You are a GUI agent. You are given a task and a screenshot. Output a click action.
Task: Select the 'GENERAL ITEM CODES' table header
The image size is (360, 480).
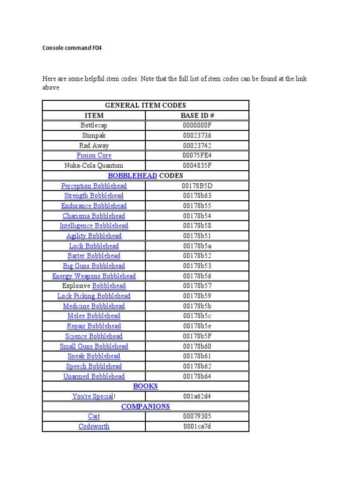pos(145,105)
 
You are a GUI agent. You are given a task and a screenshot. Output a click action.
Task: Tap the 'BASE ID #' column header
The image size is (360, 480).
pos(197,115)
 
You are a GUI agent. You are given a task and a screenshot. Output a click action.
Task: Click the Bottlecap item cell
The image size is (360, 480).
pos(94,126)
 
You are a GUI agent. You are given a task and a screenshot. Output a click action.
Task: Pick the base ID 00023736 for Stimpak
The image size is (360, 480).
pos(197,135)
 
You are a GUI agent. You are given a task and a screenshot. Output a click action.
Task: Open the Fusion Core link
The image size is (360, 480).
pos(94,156)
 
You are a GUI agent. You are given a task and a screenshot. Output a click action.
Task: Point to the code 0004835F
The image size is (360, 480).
pos(197,165)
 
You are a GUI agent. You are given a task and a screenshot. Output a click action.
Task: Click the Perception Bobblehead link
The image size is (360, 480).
pos(94,186)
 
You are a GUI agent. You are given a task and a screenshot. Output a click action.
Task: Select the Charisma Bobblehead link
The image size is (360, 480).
pos(94,216)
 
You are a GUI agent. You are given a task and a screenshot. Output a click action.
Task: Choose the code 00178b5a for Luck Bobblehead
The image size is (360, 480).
pos(197,246)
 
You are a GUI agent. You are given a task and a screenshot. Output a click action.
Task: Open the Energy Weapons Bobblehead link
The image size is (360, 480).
pos(94,276)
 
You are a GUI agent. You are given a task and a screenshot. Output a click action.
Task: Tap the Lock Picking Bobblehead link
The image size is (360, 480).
pos(94,296)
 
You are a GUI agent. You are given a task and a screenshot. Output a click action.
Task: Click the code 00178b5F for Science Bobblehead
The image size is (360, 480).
pos(197,336)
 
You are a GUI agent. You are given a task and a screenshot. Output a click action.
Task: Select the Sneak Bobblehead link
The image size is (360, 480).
pos(94,356)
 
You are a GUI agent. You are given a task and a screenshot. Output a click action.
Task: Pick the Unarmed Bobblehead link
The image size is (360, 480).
pos(94,376)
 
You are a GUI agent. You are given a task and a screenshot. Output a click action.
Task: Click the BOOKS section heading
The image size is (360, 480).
pos(145,386)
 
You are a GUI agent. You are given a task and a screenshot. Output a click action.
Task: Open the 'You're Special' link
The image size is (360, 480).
pos(93,397)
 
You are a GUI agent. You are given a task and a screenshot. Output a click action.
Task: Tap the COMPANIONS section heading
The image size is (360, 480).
pos(145,406)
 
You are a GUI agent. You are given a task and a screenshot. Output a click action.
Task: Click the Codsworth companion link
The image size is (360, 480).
pos(94,427)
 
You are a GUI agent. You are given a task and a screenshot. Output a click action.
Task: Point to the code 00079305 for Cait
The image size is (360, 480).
pos(197,416)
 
